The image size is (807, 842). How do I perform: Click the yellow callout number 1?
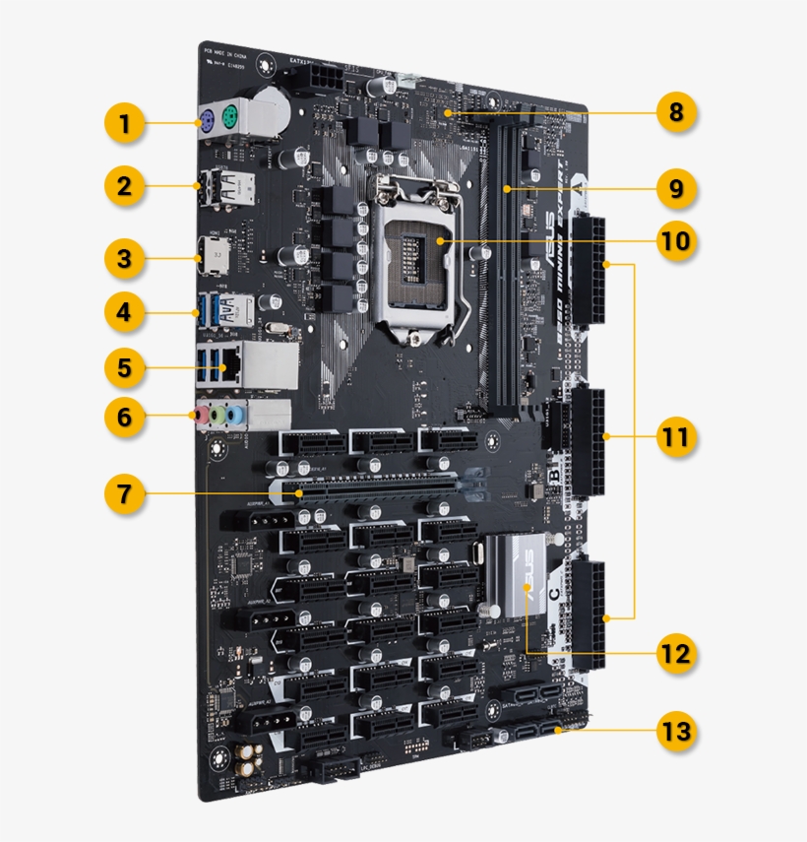point(124,125)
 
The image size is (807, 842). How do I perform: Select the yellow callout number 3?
point(124,259)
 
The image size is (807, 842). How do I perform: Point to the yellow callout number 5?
point(124,367)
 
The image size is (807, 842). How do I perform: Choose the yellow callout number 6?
point(124,417)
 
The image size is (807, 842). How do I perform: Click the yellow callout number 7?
point(124,493)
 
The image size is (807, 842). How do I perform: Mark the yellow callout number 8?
point(676,112)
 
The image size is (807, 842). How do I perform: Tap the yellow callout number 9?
point(676,188)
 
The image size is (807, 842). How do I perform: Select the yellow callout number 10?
point(676,240)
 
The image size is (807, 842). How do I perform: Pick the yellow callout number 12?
point(676,653)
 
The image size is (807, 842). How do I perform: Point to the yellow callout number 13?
point(676,732)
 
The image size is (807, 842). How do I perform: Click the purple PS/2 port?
point(208,122)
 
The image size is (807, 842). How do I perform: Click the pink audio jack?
point(201,416)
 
